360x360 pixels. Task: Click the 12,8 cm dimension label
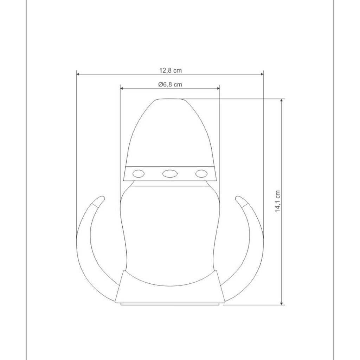click(x=171, y=70)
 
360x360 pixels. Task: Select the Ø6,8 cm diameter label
click(x=170, y=84)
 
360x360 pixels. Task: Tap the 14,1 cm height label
click(x=278, y=201)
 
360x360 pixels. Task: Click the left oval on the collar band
click(x=139, y=174)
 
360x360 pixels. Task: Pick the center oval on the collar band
click(x=170, y=174)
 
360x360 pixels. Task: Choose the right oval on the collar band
click(x=201, y=174)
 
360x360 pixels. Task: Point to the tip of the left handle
click(x=102, y=198)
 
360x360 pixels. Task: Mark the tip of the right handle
click(x=237, y=198)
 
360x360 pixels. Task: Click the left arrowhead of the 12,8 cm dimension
click(x=78, y=74)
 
